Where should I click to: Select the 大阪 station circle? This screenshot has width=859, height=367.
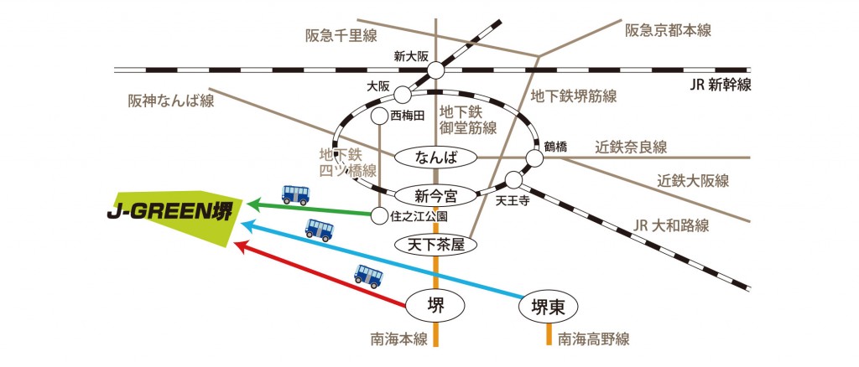tap(403, 94)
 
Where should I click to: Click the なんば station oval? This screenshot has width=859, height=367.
tap(435, 157)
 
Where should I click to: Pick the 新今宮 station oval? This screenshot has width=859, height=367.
tap(435, 197)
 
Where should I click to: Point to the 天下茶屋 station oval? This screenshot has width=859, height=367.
tap(435, 245)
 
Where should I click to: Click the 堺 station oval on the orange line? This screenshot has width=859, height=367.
tap(435, 307)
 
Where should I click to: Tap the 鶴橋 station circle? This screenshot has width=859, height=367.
tap(534, 158)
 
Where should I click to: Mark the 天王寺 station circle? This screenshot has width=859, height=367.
tap(513, 181)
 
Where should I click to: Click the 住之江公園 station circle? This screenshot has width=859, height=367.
tap(380, 216)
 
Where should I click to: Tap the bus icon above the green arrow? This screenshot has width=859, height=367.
tap(295, 194)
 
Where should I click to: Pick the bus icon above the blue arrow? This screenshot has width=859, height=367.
tap(319, 229)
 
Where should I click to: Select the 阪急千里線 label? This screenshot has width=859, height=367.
tap(341, 35)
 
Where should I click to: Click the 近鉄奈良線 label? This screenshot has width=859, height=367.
tap(631, 147)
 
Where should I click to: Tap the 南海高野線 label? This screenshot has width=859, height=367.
tap(593, 339)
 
